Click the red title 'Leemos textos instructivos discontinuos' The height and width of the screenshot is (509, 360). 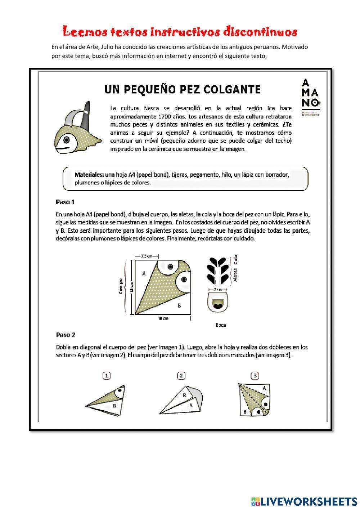click(x=180, y=32)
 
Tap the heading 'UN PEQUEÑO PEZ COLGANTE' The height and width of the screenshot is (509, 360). click(x=183, y=89)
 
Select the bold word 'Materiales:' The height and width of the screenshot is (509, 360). click(x=89, y=175)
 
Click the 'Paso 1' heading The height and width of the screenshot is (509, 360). click(x=65, y=202)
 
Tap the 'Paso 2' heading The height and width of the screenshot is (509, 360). click(x=66, y=335)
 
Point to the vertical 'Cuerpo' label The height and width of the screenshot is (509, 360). click(x=121, y=286)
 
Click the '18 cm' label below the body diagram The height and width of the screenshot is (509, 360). click(x=163, y=318)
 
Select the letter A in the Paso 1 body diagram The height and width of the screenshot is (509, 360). click(x=144, y=273)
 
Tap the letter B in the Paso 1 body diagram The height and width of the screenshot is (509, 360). click(x=180, y=306)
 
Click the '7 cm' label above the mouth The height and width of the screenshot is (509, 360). click(x=217, y=289)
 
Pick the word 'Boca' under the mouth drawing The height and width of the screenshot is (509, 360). click(x=221, y=325)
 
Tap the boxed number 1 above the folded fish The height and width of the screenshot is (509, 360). click(x=106, y=376)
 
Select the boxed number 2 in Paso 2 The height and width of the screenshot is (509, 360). click(x=181, y=376)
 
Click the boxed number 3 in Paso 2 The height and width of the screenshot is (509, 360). click(x=255, y=376)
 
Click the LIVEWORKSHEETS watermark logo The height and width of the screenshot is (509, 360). click(x=304, y=501)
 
